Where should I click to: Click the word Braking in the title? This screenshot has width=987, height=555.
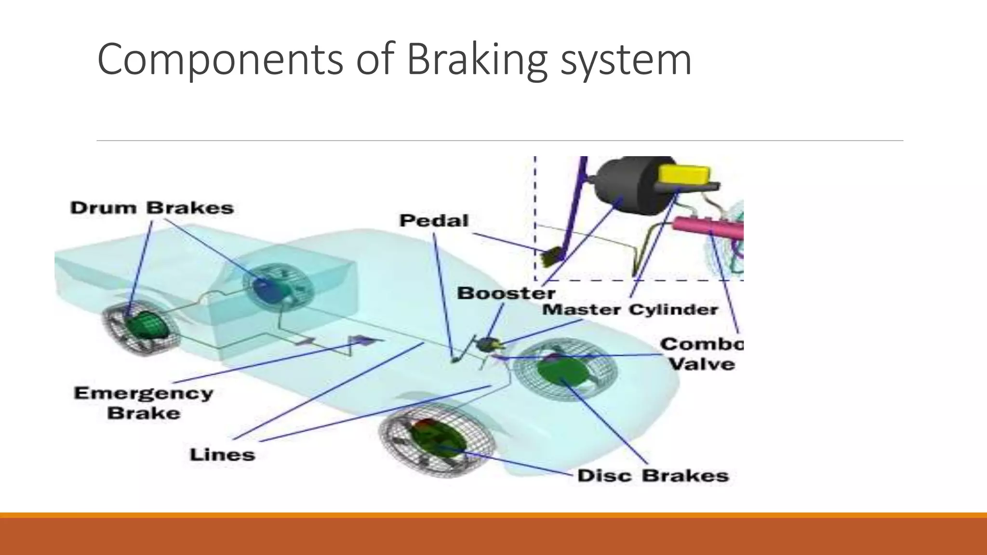[x=477, y=60]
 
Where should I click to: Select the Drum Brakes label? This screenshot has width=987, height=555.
[x=152, y=208]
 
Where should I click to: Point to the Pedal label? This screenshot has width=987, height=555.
[x=434, y=221]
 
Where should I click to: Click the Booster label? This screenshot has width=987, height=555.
[x=506, y=293]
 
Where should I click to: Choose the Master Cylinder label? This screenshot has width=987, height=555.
[x=630, y=309]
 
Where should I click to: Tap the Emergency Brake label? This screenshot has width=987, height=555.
[x=144, y=403]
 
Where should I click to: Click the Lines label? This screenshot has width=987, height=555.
[x=222, y=454]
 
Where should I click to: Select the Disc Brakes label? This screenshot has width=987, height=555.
[x=653, y=476]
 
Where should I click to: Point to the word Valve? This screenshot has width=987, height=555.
[x=702, y=364]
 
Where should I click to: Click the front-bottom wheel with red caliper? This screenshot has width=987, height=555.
[x=437, y=441]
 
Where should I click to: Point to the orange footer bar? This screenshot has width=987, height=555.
[x=493, y=535]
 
